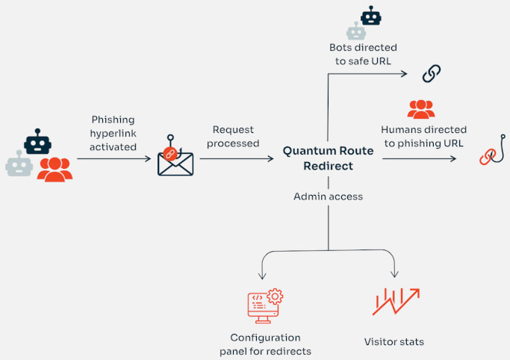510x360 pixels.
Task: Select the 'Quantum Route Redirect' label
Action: point(328,158)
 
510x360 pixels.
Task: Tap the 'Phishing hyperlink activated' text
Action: point(113,133)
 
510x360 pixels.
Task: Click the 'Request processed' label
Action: point(235,136)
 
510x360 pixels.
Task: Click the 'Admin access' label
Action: point(328,196)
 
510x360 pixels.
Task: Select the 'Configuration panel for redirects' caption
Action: point(265,344)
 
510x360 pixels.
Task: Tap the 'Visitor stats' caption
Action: point(394,341)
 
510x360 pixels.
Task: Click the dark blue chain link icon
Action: point(432,73)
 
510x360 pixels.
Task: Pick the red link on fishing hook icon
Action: point(491,151)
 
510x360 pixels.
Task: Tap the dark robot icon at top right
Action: point(370,15)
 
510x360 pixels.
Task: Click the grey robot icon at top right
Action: point(355,31)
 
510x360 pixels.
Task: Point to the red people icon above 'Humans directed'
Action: point(421,109)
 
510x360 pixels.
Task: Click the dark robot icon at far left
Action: point(37,140)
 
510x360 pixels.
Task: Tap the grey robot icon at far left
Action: point(19,164)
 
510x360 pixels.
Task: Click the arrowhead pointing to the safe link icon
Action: point(403,73)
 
